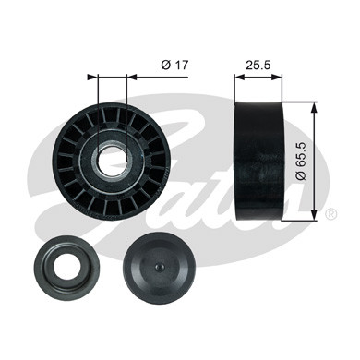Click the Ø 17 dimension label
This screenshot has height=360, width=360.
[174, 65]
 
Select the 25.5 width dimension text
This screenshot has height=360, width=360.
[258, 65]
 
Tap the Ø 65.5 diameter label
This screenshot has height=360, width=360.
[301, 161]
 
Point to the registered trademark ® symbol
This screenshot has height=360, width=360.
[330, 213]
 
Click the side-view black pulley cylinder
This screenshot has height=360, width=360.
[258, 161]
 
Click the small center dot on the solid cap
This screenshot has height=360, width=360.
[159, 267]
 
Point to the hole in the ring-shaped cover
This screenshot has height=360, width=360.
[67, 265]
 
